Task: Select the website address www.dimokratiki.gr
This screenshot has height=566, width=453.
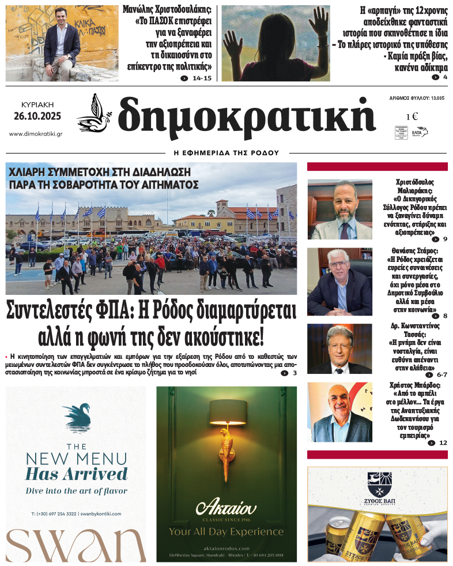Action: click(36, 134)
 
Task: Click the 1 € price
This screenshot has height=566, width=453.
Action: click(412, 117)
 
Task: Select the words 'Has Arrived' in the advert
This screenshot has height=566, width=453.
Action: click(76, 474)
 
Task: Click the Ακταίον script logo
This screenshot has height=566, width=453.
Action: click(226, 508)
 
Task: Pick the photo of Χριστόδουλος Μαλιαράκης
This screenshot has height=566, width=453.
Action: click(339, 209)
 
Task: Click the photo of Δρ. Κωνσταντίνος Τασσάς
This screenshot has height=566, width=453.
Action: click(339, 349)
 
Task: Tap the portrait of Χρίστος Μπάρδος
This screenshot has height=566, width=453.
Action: click(339, 412)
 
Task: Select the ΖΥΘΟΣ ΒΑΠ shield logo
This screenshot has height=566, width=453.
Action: click(377, 482)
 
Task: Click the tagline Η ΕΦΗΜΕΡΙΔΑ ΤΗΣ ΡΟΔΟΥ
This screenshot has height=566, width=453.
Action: click(226, 153)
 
